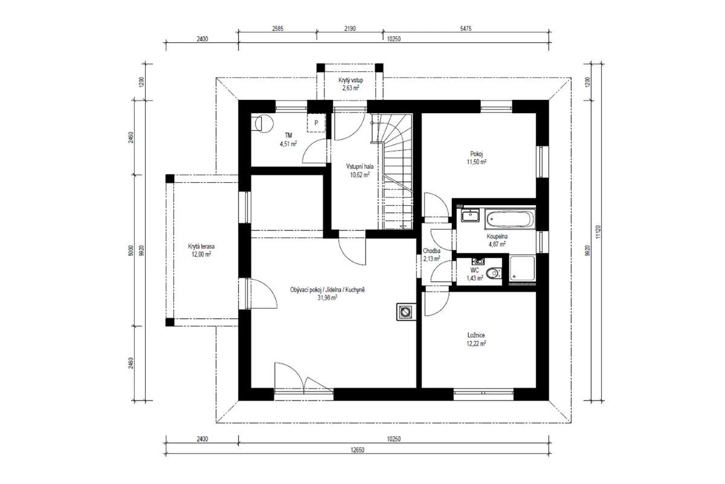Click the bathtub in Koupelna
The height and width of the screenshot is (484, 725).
(510, 218)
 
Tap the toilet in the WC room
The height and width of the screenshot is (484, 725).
(494, 273)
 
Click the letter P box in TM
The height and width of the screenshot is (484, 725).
(316, 123)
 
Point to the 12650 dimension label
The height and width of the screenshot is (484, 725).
(357, 450)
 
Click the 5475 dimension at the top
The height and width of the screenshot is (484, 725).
(465, 28)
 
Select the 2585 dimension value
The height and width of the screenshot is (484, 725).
(277, 28)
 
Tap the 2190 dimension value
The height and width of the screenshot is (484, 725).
(350, 28)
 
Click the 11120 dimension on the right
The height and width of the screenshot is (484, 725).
(598, 232)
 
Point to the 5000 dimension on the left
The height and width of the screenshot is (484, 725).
(130, 250)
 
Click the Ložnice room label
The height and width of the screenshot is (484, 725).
(476, 335)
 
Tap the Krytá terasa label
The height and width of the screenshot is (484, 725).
(201, 246)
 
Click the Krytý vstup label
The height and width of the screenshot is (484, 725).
(351, 80)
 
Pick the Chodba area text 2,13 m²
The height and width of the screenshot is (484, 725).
(431, 259)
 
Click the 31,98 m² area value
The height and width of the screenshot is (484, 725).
(327, 298)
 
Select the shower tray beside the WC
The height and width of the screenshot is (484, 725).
(523, 268)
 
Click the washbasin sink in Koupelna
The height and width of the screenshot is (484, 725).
(470, 215)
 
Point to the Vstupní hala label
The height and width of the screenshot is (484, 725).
(359, 166)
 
